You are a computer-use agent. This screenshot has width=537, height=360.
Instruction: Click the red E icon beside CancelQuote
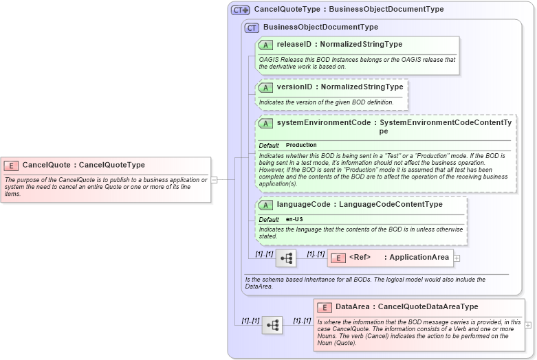point(11,165)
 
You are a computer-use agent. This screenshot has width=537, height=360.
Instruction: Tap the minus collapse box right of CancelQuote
point(214,179)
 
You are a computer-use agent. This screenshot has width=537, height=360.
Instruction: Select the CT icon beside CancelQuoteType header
point(240,10)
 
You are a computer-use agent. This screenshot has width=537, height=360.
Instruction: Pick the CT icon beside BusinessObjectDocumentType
point(252,27)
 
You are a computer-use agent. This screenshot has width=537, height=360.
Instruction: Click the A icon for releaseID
point(265,45)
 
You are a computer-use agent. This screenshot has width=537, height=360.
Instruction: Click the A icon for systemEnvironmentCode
point(265,123)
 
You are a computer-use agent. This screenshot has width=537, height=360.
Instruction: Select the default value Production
point(301,145)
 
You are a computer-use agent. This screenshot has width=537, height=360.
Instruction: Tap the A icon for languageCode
point(265,205)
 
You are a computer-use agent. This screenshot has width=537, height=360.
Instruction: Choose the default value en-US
point(294,219)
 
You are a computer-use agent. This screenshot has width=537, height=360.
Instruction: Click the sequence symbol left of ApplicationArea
point(285,258)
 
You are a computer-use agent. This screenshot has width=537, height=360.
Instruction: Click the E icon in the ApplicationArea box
point(338,258)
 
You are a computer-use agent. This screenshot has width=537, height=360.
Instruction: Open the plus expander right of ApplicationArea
point(457,258)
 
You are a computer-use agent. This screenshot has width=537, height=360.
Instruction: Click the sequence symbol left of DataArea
point(272,325)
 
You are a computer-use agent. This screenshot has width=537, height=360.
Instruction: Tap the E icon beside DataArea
point(324,307)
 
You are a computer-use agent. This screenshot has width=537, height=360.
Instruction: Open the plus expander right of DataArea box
point(528,325)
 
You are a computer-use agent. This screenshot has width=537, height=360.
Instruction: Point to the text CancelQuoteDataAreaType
point(428,307)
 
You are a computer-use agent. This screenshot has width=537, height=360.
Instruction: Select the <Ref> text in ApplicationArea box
point(360,258)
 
